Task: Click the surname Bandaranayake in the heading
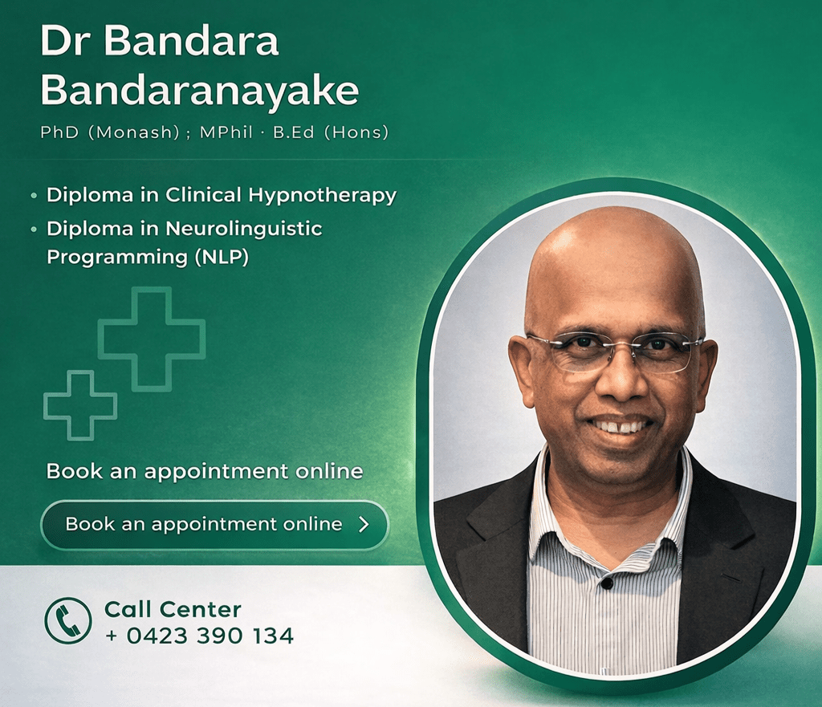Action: [x=199, y=91]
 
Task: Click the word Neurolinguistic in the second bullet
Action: [x=244, y=229]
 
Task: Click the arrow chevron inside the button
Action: [x=364, y=525]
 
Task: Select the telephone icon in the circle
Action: [x=68, y=620]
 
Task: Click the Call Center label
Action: [x=173, y=610]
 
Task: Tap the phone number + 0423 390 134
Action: [x=199, y=636]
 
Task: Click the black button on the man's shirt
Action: [x=608, y=583]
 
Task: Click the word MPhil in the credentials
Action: [x=234, y=132]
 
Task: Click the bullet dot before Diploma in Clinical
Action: [x=33, y=196]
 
